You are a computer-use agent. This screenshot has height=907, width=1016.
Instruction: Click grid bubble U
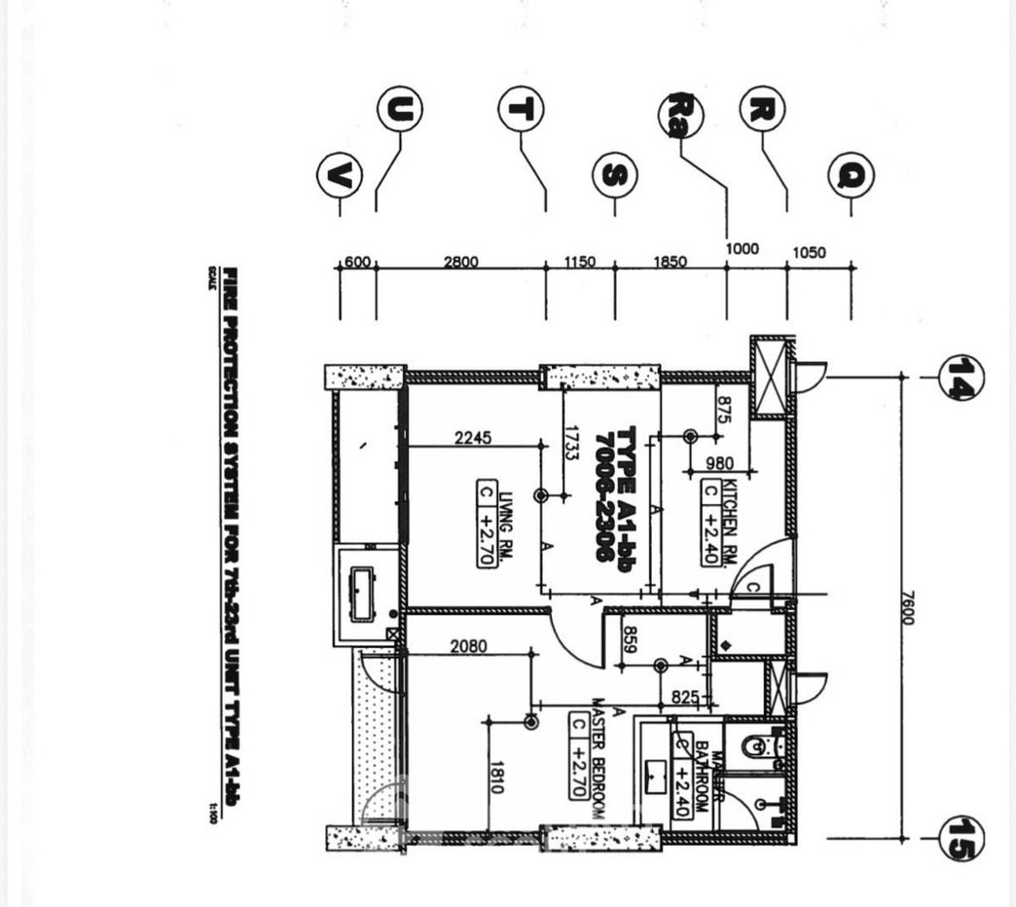point(401,110)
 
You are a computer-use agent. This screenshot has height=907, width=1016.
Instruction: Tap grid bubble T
point(521,109)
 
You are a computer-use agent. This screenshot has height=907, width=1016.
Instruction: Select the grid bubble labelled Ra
point(681,116)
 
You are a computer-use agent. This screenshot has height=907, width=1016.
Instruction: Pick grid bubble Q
point(851,176)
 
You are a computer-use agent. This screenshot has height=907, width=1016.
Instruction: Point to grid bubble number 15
point(961,838)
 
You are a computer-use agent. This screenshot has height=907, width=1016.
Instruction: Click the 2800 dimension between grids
point(460,261)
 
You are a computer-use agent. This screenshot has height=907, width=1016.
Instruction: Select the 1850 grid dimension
point(670,261)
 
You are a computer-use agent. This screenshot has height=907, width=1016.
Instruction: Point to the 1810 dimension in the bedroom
point(496,777)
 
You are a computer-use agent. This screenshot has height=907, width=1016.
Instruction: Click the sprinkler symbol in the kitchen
point(690,437)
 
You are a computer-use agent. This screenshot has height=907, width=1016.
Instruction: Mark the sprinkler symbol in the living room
point(542,496)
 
